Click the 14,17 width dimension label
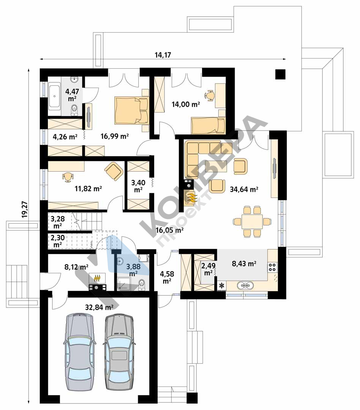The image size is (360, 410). tap(163, 55)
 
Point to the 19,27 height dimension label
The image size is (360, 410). tap(25, 209)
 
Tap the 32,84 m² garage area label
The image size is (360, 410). tap(99, 307)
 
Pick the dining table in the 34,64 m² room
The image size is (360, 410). tap(252, 221)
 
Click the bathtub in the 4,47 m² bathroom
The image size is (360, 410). tap(54, 96)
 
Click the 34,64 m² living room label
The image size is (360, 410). tap(244, 189)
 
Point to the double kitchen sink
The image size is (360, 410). tap(245, 285)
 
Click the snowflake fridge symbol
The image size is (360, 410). tap(222, 285)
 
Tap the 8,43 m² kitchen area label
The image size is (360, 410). tap(244, 263)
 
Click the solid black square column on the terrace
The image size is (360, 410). tap(280, 74)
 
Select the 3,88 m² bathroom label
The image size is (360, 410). tap(133, 270)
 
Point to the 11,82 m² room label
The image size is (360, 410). tap(88, 188)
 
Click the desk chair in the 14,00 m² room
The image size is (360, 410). tap(210, 95)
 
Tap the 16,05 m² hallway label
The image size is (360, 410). tap(169, 230)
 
